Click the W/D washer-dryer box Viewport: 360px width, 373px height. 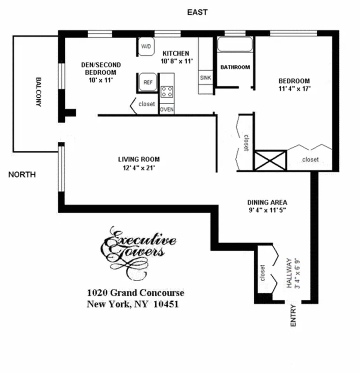click(x=146, y=47)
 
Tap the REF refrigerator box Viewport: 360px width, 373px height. click(x=147, y=82)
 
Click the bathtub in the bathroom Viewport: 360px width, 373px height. click(x=235, y=45)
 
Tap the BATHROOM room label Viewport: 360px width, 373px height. click(x=235, y=68)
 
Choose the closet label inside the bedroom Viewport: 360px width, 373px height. click(x=310, y=159)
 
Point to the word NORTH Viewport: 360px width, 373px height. click(x=22, y=175)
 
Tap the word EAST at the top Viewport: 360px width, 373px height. click(x=197, y=13)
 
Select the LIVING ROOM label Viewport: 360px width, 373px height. click(x=139, y=159)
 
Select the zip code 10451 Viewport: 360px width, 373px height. click(x=166, y=304)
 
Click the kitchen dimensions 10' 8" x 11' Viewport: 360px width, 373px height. click(x=175, y=61)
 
